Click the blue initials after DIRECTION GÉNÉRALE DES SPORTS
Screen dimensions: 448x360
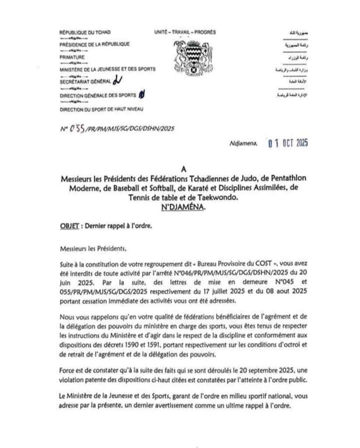pos(141,94)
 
